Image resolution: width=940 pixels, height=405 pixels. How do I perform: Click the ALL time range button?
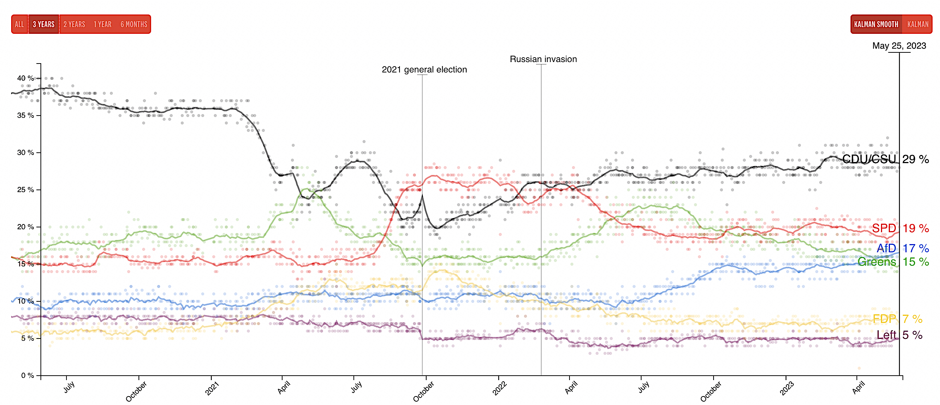19,25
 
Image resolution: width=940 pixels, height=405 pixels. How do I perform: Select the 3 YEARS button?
43,25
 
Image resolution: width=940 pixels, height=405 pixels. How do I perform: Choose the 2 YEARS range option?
74,25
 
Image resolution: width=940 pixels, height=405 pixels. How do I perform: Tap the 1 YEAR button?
102,25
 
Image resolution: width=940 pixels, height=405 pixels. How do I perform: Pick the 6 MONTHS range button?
134,25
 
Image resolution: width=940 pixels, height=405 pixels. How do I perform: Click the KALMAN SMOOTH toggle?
876,25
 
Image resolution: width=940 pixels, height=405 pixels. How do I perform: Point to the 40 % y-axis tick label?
25,78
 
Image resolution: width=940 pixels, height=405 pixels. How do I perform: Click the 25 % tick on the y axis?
25,190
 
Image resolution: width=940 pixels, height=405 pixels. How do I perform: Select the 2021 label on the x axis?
212,389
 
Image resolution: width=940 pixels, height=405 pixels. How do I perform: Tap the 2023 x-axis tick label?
787,389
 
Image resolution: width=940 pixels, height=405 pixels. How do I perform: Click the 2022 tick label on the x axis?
500,389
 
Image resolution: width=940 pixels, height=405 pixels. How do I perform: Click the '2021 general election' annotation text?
424,69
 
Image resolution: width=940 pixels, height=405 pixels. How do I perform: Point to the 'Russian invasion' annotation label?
543,59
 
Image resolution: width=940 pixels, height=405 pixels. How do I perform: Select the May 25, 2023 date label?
899,46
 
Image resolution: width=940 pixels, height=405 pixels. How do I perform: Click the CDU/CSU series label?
869,159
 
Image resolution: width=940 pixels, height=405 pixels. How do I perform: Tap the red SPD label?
884,228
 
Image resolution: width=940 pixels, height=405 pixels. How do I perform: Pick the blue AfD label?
887,248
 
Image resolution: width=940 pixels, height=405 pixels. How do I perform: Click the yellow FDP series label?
884,319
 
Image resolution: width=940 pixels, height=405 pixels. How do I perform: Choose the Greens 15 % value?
915,262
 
